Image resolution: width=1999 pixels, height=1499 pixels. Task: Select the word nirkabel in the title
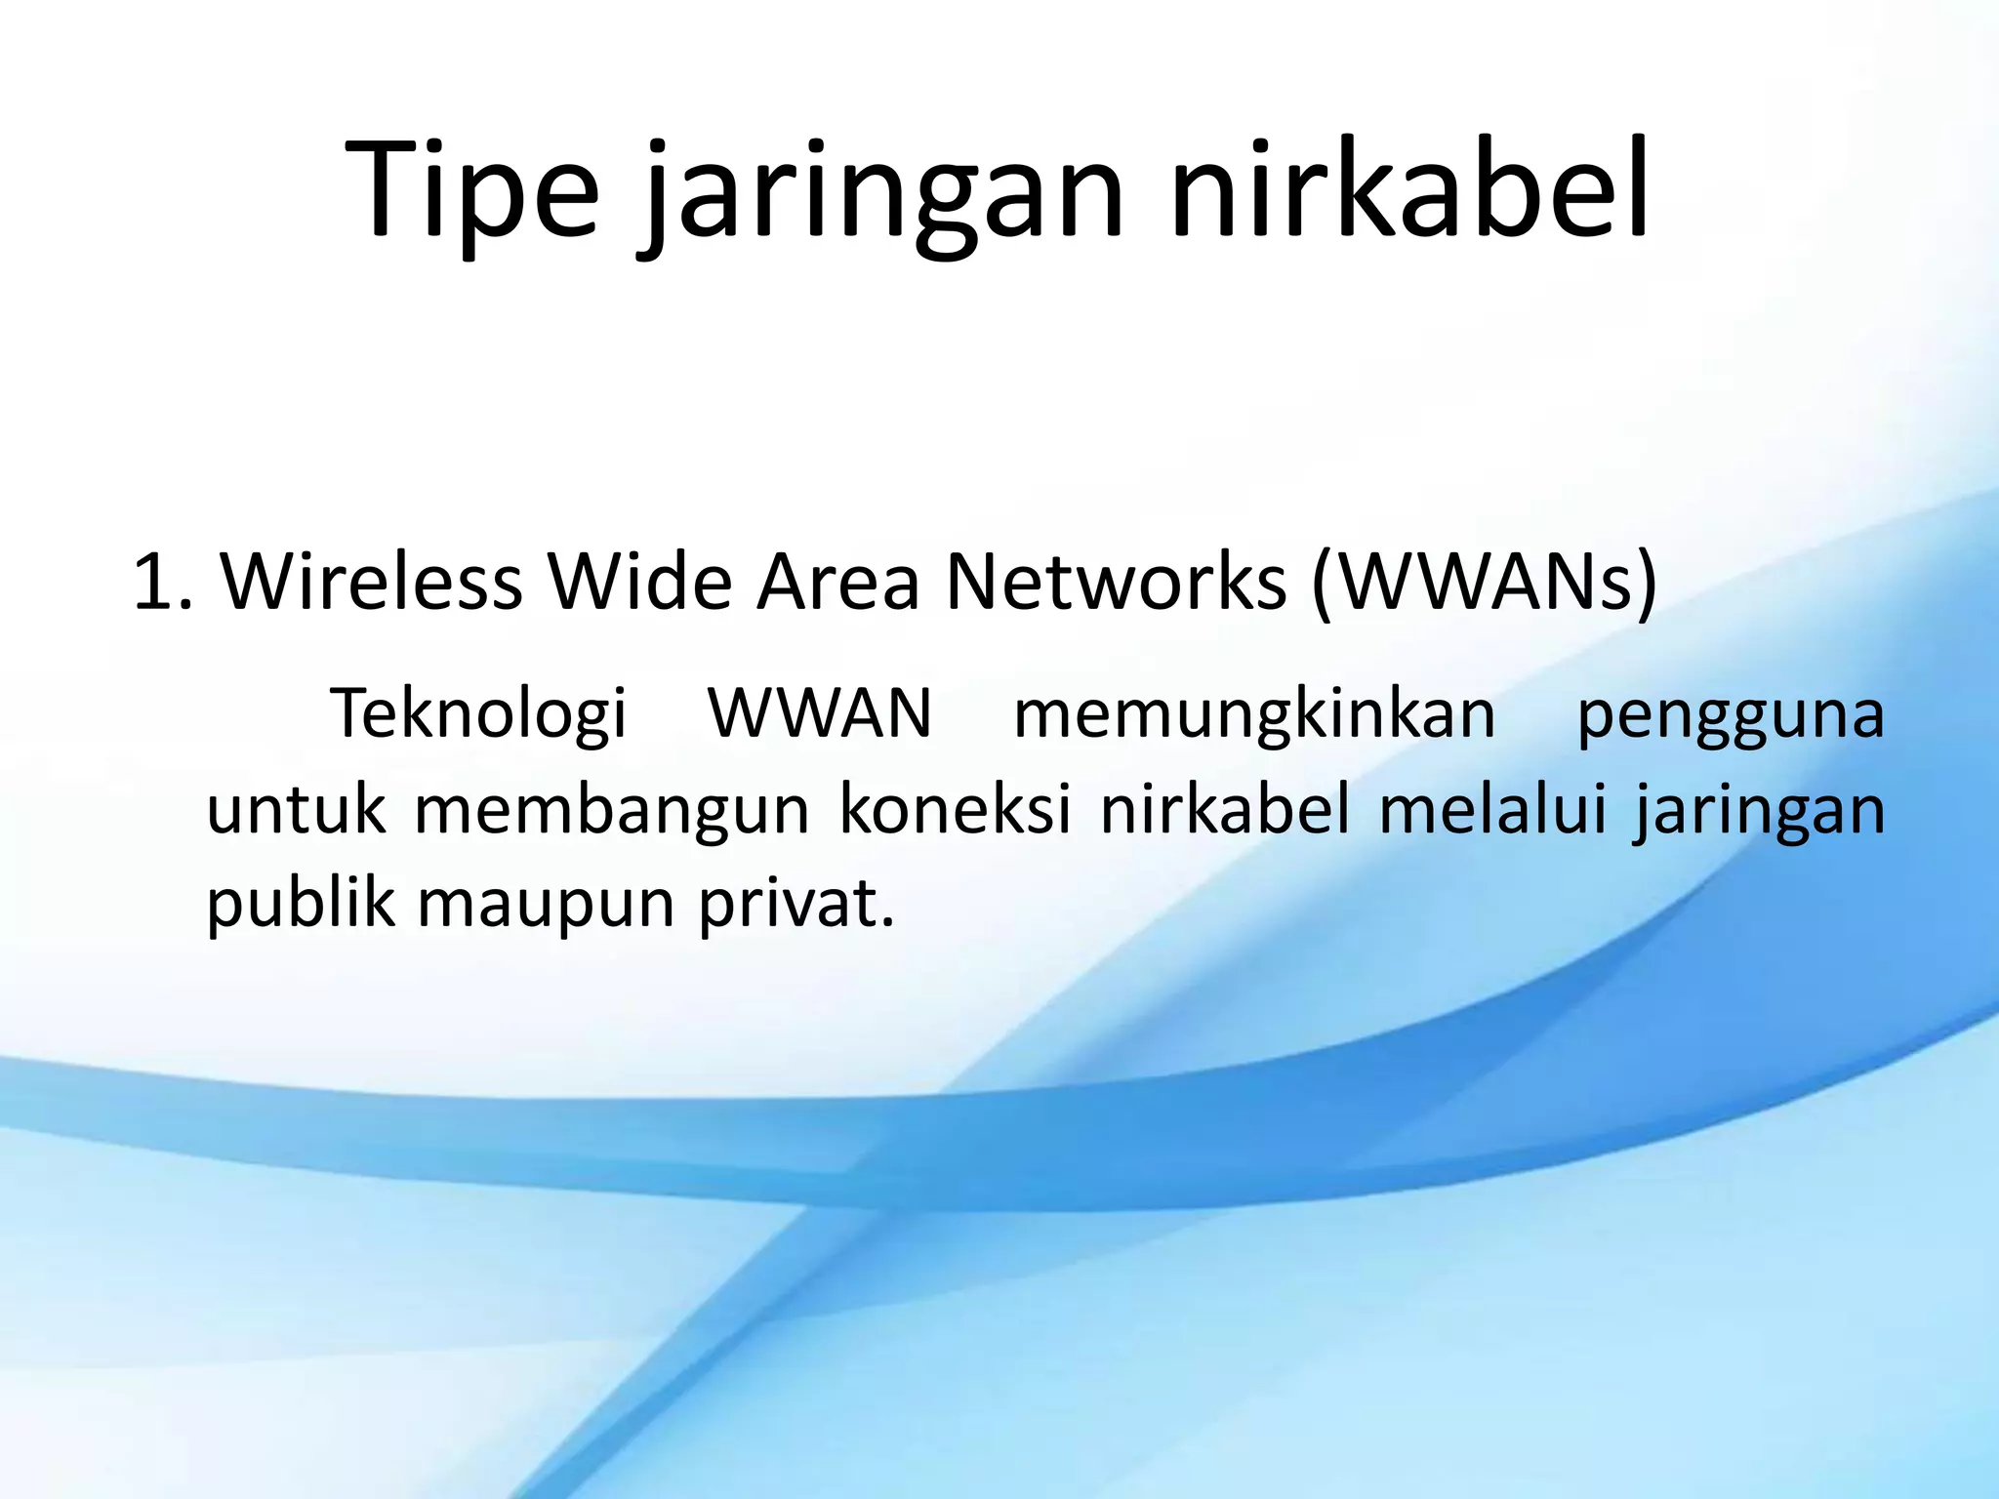point(1409,190)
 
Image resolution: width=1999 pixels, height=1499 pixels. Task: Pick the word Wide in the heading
point(639,583)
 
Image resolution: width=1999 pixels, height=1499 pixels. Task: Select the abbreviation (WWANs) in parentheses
point(1484,583)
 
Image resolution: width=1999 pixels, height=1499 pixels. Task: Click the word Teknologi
point(478,713)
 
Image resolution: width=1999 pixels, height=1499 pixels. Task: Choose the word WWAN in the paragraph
point(820,713)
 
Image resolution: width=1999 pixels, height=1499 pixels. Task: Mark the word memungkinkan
point(1254,713)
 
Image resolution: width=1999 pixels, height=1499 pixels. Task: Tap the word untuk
point(296,809)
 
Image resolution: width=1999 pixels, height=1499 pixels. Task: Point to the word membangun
point(612,809)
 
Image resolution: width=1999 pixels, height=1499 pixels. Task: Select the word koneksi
point(956,809)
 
